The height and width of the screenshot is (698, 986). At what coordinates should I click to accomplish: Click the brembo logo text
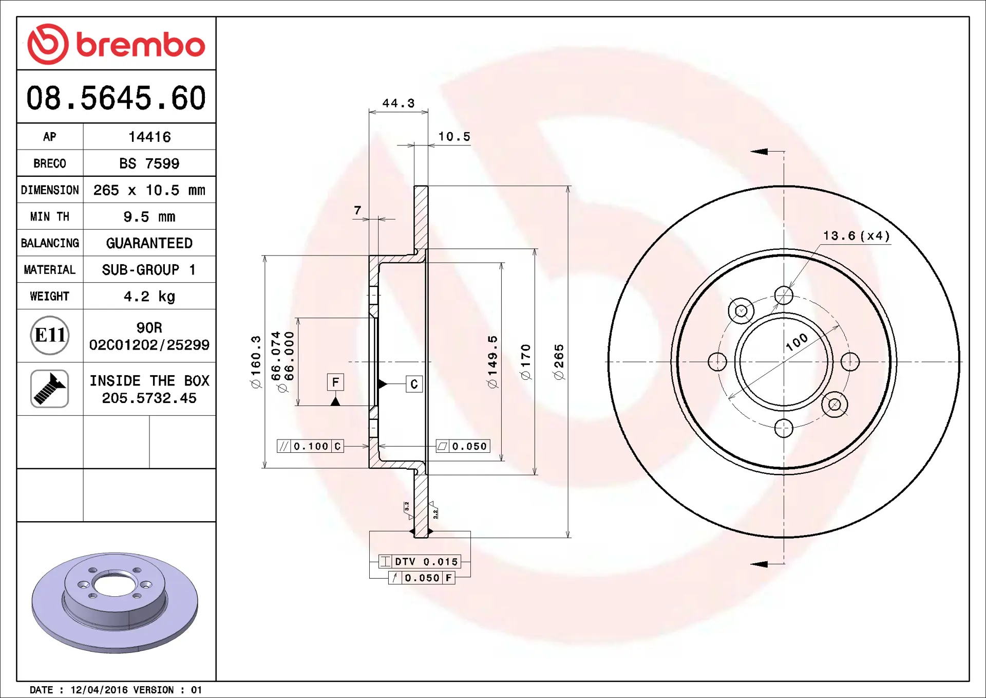click(x=141, y=45)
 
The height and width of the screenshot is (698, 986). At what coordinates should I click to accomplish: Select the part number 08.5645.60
click(x=116, y=98)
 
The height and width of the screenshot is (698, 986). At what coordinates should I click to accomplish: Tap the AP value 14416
click(x=149, y=137)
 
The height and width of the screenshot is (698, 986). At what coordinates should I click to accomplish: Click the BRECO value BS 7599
click(x=149, y=163)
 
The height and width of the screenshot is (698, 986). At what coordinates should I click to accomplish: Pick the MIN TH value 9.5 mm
click(x=149, y=217)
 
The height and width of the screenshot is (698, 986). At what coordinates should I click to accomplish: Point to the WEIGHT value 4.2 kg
click(x=149, y=297)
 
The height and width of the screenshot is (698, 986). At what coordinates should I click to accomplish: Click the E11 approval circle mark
click(x=50, y=335)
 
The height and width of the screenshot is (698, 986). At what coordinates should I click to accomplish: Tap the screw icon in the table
click(x=50, y=389)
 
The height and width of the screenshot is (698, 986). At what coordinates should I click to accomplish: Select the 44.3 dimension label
click(x=399, y=103)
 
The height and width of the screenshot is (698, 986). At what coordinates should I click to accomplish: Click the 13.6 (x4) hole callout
click(x=857, y=235)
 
